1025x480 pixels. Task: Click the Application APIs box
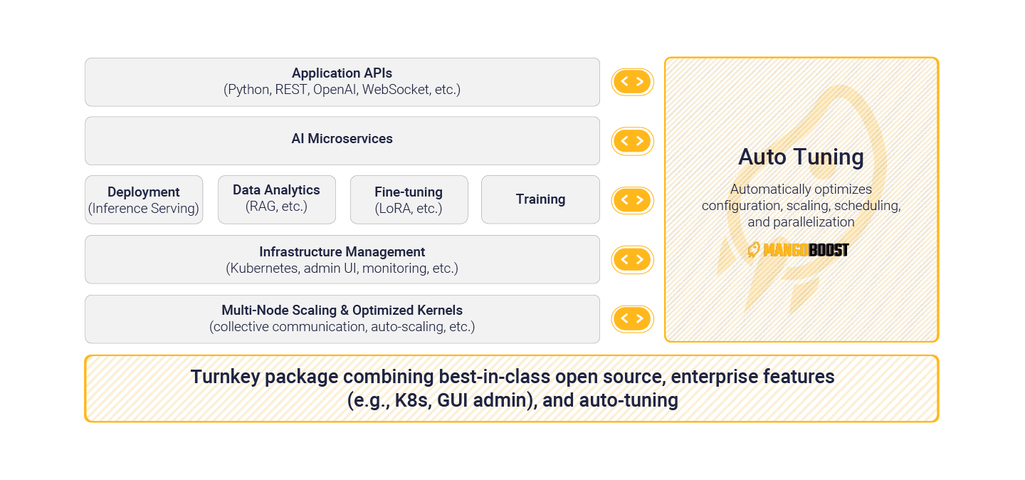pyautogui.click(x=342, y=82)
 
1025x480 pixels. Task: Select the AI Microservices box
pyautogui.click(x=342, y=140)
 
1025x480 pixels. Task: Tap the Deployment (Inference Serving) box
pyautogui.click(x=144, y=199)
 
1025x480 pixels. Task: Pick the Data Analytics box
pyautogui.click(x=277, y=199)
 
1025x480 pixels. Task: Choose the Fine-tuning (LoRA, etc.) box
pyautogui.click(x=409, y=199)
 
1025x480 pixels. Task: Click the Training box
pyautogui.click(x=540, y=199)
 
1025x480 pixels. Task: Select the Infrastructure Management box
pyautogui.click(x=342, y=260)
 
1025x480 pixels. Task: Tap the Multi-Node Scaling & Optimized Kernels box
pyautogui.click(x=342, y=319)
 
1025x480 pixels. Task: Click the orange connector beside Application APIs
pyautogui.click(x=632, y=82)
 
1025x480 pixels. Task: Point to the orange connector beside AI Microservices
pyautogui.click(x=632, y=141)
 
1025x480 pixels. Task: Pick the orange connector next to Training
pyautogui.click(x=632, y=200)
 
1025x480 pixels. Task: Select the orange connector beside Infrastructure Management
pyautogui.click(x=632, y=260)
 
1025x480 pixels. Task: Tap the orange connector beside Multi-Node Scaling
pyautogui.click(x=632, y=319)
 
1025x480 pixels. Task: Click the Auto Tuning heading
pyautogui.click(x=801, y=157)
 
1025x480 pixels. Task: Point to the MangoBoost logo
pyautogui.click(x=798, y=250)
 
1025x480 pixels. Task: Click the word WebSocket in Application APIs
pyautogui.click(x=396, y=89)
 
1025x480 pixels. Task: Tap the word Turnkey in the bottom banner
pyautogui.click(x=224, y=377)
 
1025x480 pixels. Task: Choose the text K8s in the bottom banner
pyautogui.click(x=413, y=400)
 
